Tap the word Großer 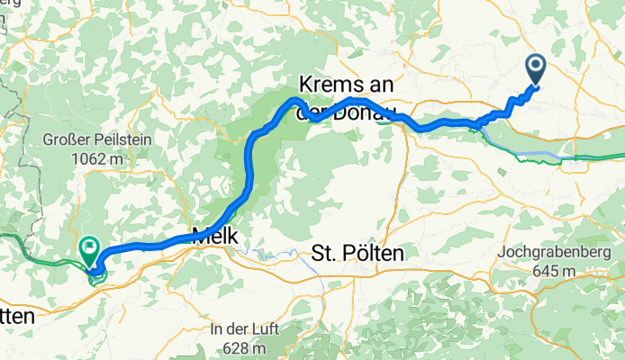point(64,141)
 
